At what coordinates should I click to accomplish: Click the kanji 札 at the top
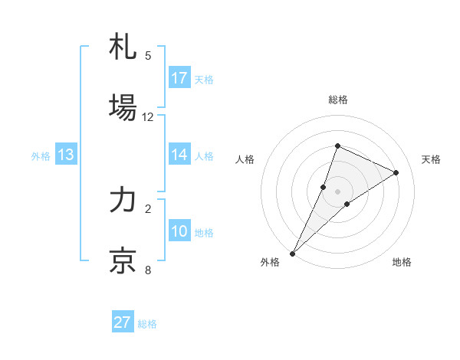[123, 47]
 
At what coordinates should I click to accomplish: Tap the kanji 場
[123, 108]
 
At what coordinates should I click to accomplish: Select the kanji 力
[123, 201]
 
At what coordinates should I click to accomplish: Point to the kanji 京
[123, 260]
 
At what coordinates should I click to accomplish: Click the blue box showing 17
[179, 78]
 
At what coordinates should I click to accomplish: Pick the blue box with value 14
[179, 154]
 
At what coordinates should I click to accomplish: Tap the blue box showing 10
[179, 231]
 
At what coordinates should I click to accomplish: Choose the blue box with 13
[66, 155]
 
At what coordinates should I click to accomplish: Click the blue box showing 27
[123, 322]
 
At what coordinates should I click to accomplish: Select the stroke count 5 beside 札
[148, 56]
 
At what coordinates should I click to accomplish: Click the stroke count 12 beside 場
[148, 117]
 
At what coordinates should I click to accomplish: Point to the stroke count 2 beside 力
[148, 208]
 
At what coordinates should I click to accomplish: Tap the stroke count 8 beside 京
[148, 270]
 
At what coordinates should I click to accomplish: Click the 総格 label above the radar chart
[338, 100]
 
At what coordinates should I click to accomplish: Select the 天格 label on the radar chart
[431, 159]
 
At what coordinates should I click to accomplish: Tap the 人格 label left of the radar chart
[245, 159]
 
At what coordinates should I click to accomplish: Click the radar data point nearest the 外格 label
[292, 253]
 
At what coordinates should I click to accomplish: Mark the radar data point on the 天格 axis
[396, 172]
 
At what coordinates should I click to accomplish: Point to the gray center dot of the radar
[338, 191]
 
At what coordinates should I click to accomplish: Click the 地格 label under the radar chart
[402, 262]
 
